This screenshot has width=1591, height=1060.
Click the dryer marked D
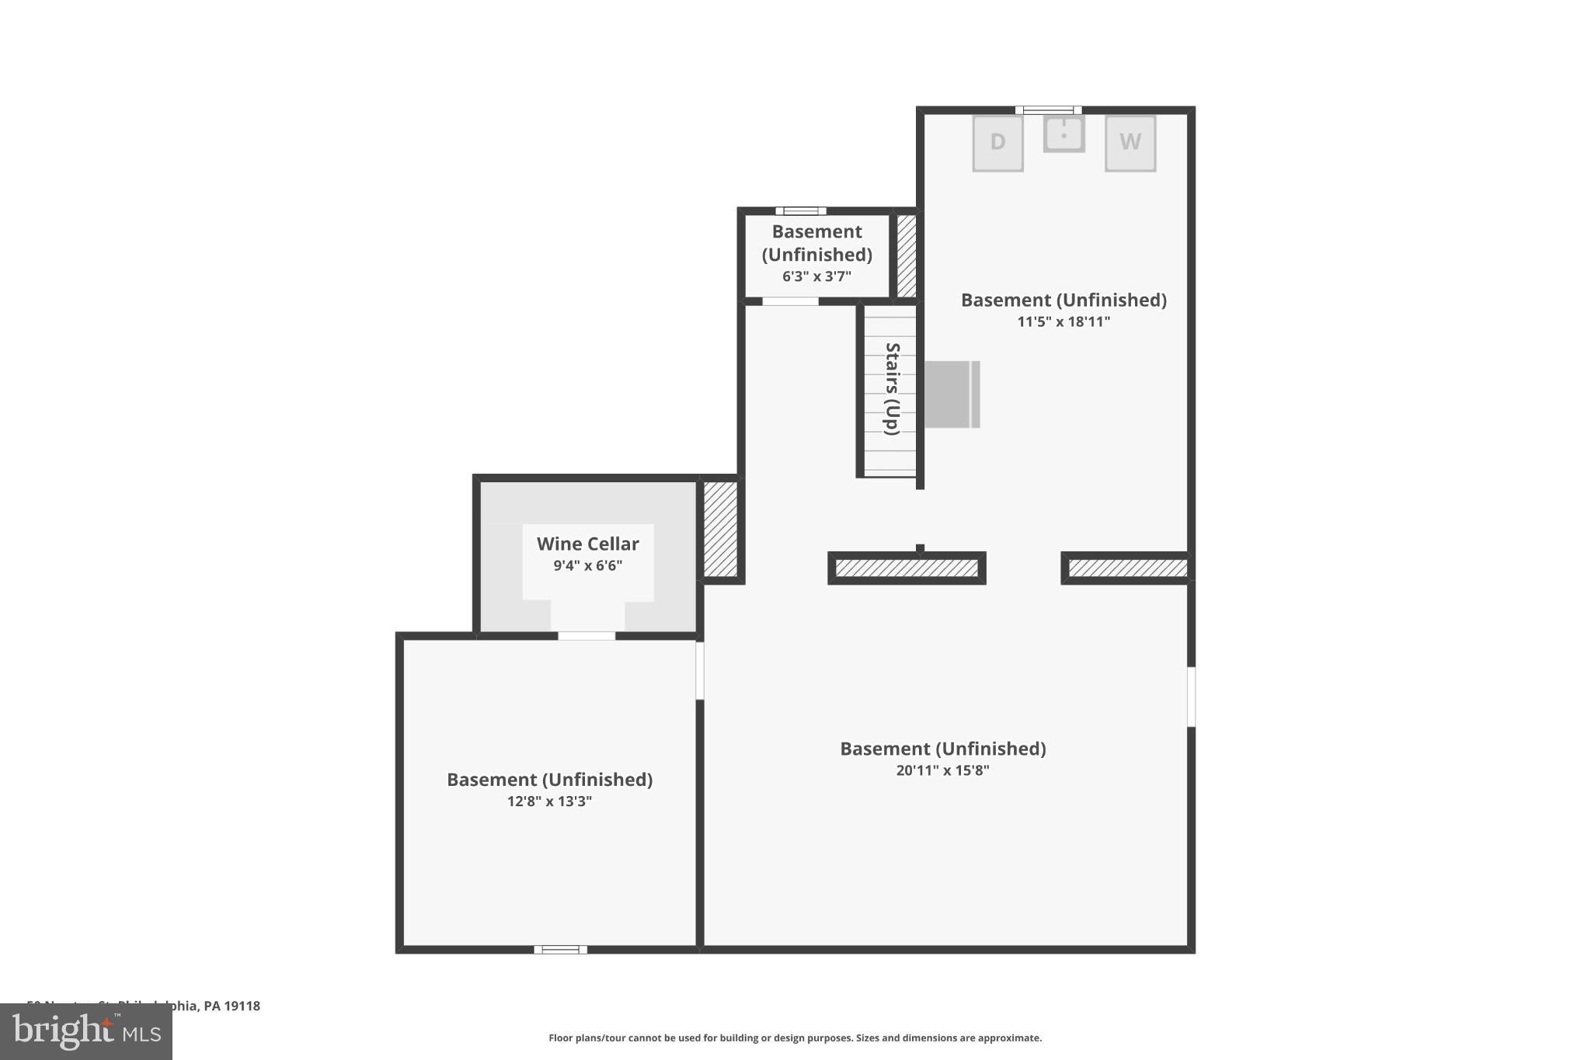[x=997, y=143]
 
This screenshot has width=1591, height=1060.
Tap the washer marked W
[x=1130, y=143]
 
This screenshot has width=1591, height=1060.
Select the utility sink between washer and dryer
[x=1064, y=134]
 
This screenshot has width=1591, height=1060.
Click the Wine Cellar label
[x=587, y=544]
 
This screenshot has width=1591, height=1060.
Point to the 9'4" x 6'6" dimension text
[x=587, y=565]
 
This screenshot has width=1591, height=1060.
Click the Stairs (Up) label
[x=892, y=388]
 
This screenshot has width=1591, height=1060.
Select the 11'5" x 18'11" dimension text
[x=1064, y=321]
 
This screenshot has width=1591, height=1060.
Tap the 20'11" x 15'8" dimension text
[x=942, y=770]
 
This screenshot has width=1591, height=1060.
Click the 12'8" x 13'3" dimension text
[x=549, y=801]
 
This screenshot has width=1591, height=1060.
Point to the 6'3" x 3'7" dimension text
[x=816, y=276]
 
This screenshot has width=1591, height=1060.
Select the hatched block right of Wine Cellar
[x=720, y=529]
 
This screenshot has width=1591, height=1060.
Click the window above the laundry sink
[x=1048, y=110]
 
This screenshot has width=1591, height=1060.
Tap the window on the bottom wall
[x=560, y=949]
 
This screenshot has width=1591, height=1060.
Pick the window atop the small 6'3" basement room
[x=800, y=210]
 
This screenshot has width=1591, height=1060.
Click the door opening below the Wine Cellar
[x=587, y=636]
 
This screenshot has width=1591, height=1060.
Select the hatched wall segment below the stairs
[x=907, y=568]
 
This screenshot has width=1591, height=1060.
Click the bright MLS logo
[x=85, y=1031]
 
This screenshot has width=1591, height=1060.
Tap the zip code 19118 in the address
[x=242, y=1006]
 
